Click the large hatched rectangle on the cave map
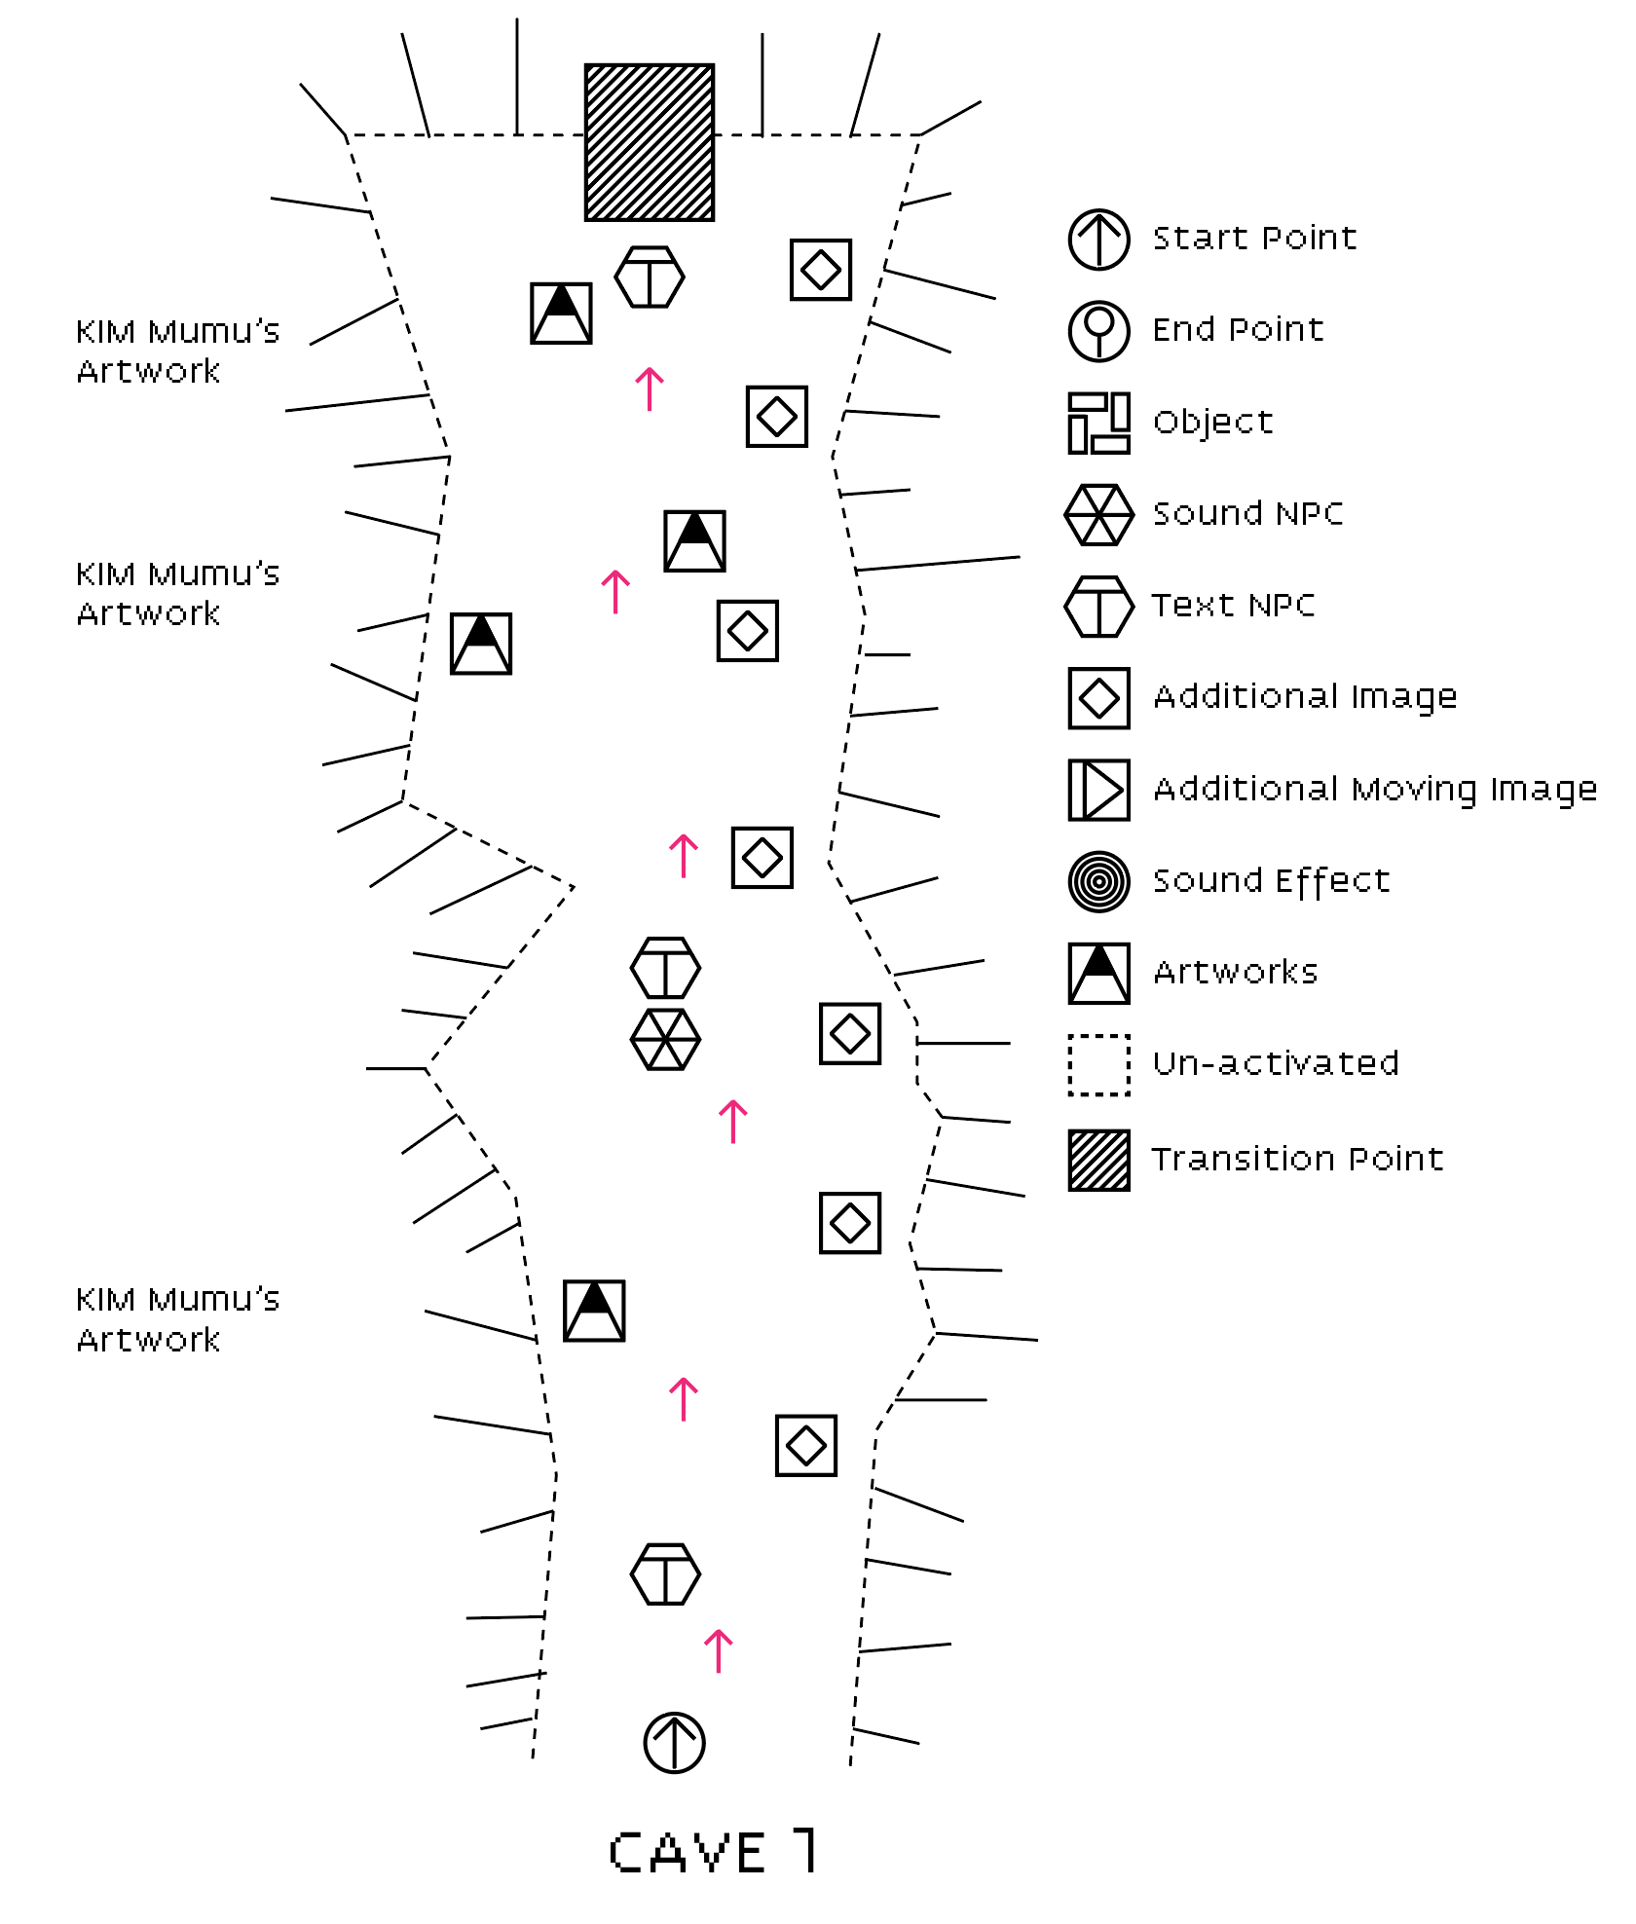pos(649,142)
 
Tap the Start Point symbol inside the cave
pos(674,1742)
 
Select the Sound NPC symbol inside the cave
pos(665,1039)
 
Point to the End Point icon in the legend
pos(1098,331)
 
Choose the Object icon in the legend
pos(1098,423)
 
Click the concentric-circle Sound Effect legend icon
pos(1098,882)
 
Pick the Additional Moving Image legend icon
pos(1098,790)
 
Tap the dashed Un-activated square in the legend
pos(1098,1065)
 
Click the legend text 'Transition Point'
pos(1296,1159)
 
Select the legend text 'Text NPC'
pos(1233,606)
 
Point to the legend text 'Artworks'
pos(1235,972)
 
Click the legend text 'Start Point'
pos(1254,239)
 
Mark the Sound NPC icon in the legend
pos(1098,514)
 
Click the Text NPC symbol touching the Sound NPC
pos(665,968)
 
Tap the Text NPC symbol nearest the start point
pos(665,1573)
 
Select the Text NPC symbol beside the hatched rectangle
pos(650,277)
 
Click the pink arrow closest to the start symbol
pos(718,1651)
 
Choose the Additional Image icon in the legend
pos(1098,698)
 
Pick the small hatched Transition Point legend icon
pos(1098,1160)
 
